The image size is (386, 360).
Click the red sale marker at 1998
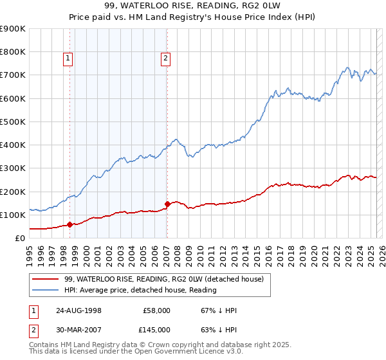69,224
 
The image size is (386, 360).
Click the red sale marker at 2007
167,204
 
